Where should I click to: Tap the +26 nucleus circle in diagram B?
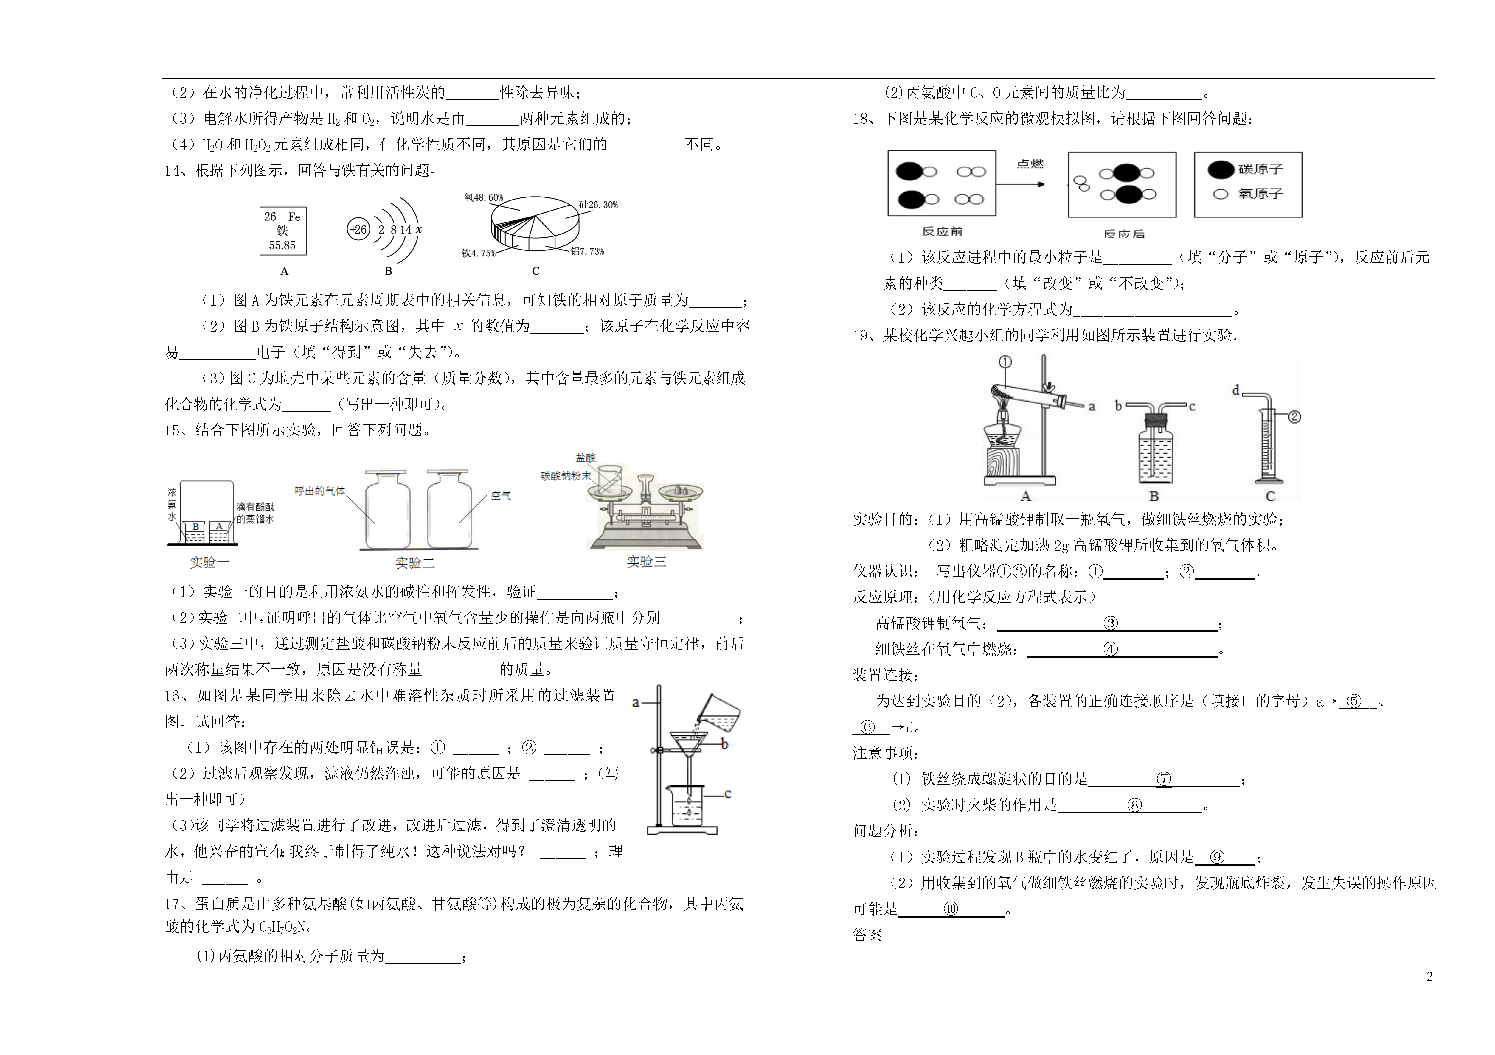(358, 229)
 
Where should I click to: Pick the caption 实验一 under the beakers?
(210, 562)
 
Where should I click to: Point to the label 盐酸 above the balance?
(585, 458)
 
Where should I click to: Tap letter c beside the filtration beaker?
(728, 794)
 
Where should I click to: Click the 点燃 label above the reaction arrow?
(1030, 164)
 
